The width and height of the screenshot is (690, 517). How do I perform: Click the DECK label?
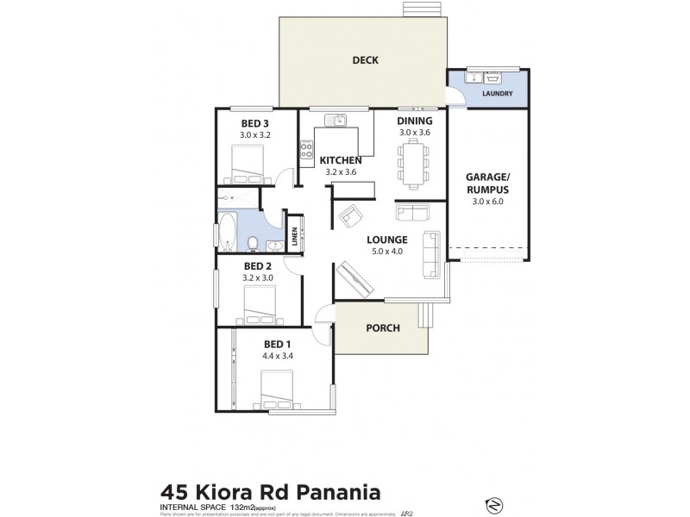(367, 60)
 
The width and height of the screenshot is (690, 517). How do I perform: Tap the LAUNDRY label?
(498, 94)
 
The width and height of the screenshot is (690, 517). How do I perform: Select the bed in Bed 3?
(249, 159)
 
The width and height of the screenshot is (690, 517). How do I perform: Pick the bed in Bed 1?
(279, 389)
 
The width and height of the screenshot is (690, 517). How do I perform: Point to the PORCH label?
(381, 328)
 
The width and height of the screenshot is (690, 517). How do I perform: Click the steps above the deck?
(421, 9)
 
